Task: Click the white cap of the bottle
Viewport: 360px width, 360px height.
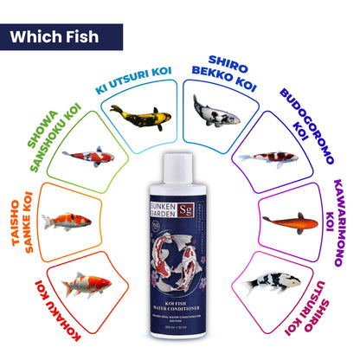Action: pos(179,164)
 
